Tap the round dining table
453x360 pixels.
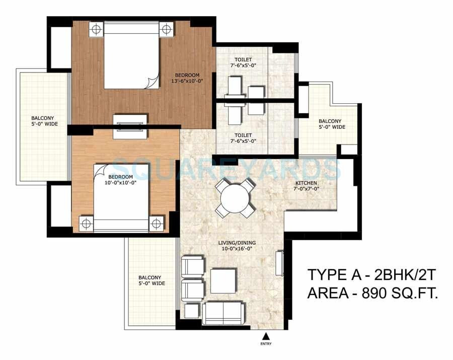point(234,198)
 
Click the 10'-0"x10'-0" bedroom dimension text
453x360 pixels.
point(120,183)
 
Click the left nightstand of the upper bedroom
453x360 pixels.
point(96,30)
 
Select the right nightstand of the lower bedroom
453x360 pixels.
point(157,223)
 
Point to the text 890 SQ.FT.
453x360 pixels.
point(400,293)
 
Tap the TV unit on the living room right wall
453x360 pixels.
point(280,263)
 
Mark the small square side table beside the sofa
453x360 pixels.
point(191,311)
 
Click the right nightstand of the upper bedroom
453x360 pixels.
point(166,30)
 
